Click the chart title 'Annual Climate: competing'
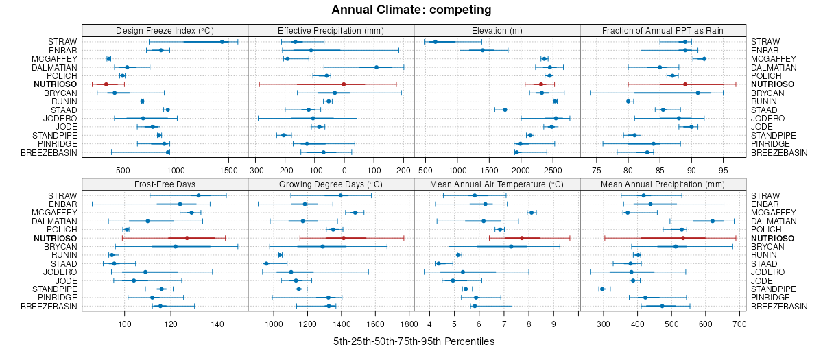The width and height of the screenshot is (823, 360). point(411,10)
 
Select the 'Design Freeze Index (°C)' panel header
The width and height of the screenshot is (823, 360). point(165,30)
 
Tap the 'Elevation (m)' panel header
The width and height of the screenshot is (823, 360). point(497,30)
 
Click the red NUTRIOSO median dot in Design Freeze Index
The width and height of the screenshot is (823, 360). point(106,84)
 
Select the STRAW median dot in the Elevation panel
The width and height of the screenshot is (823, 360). point(435,42)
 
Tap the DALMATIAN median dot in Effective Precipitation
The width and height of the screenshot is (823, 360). point(377,67)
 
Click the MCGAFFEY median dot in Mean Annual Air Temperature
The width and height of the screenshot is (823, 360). point(532,213)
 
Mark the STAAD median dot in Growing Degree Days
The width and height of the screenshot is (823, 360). point(266,263)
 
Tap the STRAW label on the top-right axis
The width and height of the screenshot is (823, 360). point(763,42)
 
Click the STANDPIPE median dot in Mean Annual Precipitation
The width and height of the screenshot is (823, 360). point(602,289)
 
